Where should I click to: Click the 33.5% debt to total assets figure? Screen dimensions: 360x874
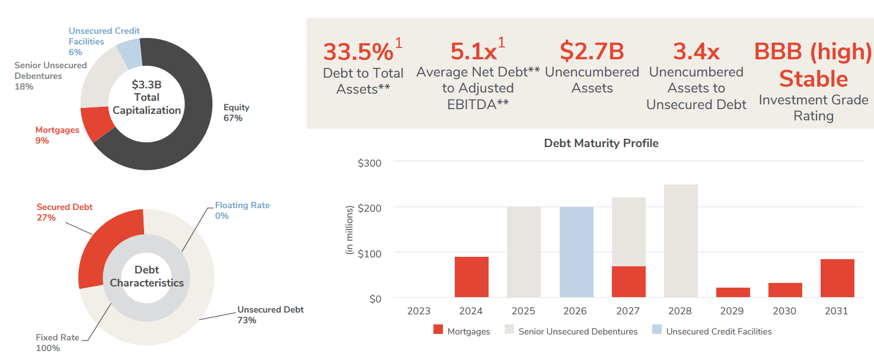(358, 52)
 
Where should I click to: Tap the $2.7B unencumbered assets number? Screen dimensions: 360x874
(592, 52)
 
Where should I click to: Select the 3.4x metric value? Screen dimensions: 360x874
(696, 52)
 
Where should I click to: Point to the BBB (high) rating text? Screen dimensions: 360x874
(813, 52)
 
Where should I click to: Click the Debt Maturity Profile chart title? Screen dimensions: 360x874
(601, 143)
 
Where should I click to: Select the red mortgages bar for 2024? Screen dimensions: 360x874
(471, 277)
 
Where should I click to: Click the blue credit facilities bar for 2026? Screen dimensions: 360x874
(576, 252)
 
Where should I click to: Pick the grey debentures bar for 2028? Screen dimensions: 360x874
(681, 241)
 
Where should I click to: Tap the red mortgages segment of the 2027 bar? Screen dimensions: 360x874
(629, 282)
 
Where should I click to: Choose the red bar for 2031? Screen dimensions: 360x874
(837, 278)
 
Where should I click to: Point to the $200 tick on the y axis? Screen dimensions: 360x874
(369, 208)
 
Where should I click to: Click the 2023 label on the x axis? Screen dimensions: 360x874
(419, 311)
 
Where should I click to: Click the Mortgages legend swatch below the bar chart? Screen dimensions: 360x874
(438, 331)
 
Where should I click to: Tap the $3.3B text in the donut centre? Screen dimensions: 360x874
(146, 84)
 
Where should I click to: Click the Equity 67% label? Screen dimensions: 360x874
(236, 113)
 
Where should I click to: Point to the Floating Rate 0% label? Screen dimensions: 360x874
(242, 211)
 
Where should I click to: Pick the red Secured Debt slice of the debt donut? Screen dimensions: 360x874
(101, 243)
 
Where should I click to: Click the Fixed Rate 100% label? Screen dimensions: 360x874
(56, 343)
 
